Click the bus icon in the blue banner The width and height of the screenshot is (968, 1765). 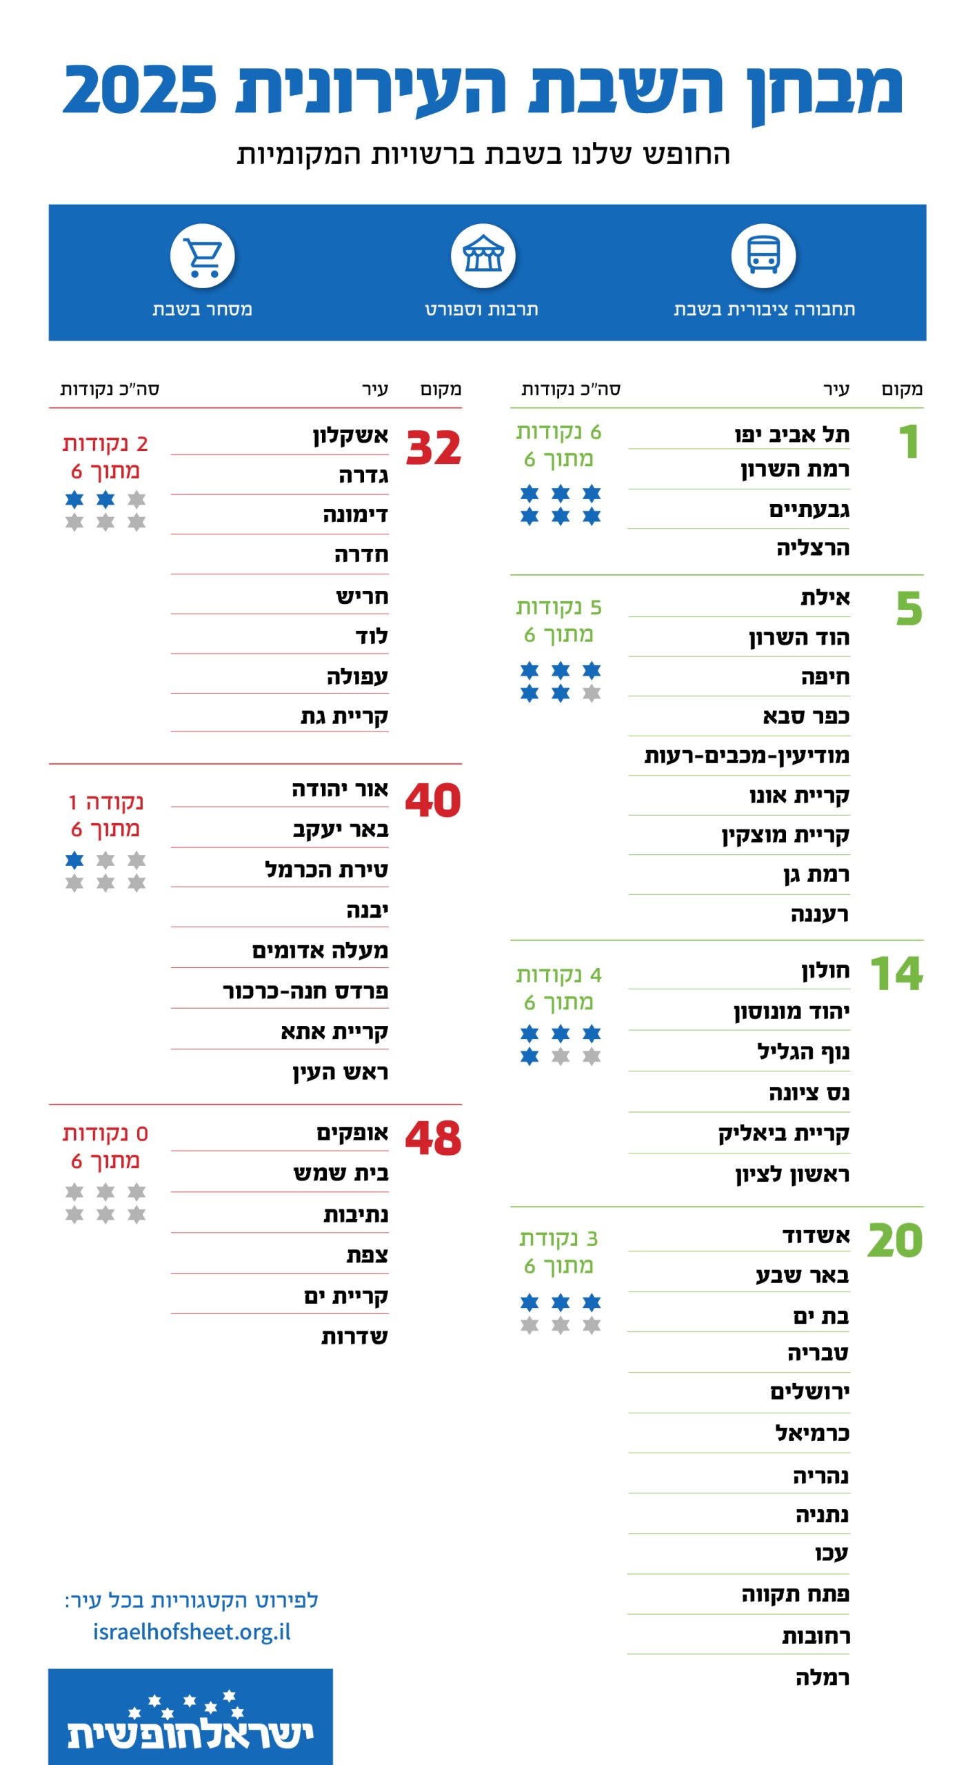tap(763, 256)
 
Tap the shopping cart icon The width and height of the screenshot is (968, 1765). tap(203, 256)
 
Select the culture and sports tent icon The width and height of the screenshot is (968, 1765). tap(483, 256)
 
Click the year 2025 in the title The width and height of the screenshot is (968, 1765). tap(139, 90)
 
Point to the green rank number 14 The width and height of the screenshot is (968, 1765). tap(896, 974)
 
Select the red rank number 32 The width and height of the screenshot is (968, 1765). tap(433, 448)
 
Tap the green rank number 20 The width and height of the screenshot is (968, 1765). tap(894, 1240)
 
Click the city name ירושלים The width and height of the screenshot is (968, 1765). tap(809, 1392)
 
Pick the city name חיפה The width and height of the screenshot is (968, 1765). tap(825, 677)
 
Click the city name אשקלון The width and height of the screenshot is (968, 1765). tap(350, 435)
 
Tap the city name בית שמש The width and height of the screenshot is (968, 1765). tap(341, 1173)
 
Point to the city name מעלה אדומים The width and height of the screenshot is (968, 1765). tap(320, 951)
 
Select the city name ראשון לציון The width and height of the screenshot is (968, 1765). tap(792, 1173)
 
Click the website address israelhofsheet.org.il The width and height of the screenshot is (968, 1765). tap(192, 1632)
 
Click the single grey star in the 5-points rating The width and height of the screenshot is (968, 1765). tap(592, 693)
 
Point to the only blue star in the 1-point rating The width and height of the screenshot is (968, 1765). tap(74, 860)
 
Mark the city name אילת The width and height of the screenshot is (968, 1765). tap(825, 597)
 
